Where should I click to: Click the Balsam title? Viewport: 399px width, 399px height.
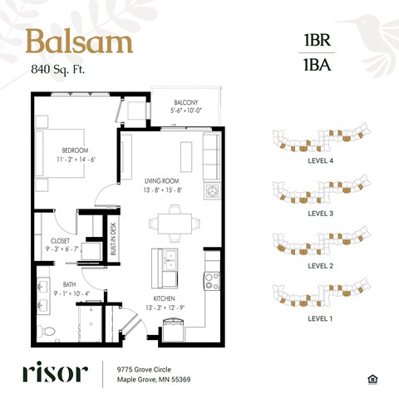[x=79, y=42]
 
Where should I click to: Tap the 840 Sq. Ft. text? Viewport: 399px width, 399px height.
[x=58, y=69]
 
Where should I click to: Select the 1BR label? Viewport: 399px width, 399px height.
[x=318, y=40]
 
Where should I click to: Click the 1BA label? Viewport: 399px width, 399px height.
[x=318, y=65]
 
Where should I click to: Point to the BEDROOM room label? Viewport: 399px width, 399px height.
[x=75, y=150]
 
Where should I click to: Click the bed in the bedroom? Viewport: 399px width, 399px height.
[x=60, y=153]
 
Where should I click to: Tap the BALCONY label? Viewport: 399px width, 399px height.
[x=186, y=102]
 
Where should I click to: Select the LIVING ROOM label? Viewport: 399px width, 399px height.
[x=161, y=181]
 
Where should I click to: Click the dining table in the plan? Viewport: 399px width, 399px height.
[x=175, y=224]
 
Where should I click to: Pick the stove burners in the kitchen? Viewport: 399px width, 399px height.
[x=212, y=281]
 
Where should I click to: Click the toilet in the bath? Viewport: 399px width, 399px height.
[x=47, y=331]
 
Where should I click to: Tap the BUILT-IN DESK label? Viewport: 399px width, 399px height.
[x=113, y=239]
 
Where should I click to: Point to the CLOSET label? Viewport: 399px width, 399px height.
[x=60, y=241]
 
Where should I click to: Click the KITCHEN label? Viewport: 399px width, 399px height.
[x=165, y=298]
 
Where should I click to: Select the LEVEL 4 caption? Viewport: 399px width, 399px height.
[x=320, y=160]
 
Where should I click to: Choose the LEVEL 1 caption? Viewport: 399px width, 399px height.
[x=320, y=318]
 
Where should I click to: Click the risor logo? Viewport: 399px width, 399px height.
[x=56, y=372]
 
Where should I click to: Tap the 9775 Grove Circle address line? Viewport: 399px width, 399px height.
[x=144, y=369]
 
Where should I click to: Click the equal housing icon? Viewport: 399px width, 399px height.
[x=373, y=379]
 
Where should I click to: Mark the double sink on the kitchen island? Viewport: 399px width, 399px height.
[x=170, y=260]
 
